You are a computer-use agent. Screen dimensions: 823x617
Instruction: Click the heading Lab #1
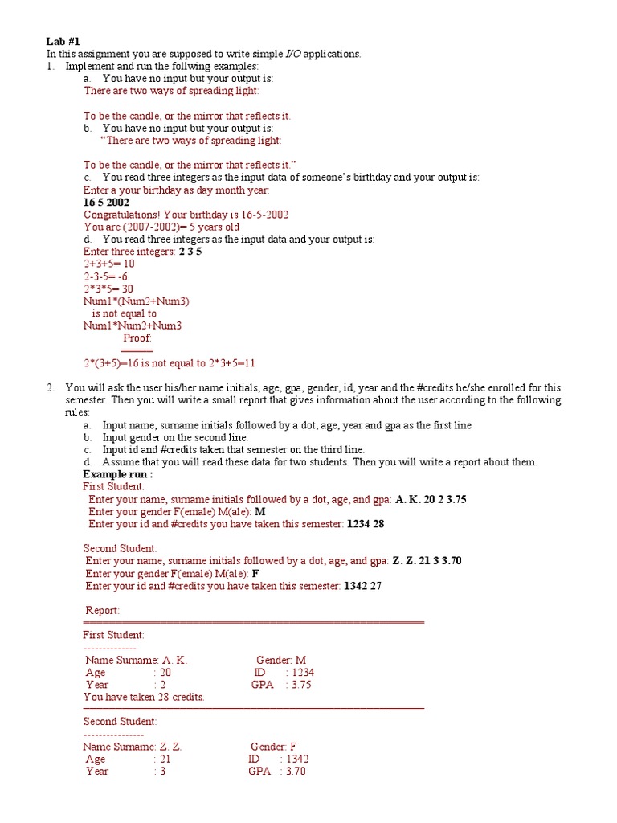[x=62, y=42]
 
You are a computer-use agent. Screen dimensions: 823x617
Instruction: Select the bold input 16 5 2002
[x=106, y=203]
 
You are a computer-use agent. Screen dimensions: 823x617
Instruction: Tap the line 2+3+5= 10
[x=109, y=264]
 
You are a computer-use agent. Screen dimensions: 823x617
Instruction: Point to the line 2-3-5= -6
[x=106, y=276]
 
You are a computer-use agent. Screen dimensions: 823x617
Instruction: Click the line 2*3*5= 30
[x=108, y=289]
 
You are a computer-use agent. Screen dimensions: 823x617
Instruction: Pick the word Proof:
[x=137, y=338]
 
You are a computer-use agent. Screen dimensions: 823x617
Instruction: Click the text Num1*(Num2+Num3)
[x=137, y=301]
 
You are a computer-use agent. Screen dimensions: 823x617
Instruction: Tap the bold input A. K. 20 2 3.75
[x=431, y=499]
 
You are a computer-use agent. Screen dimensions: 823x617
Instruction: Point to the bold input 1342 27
[x=362, y=586]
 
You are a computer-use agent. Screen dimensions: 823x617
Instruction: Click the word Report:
[x=102, y=611]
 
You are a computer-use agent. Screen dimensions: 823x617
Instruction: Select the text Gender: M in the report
[x=281, y=660]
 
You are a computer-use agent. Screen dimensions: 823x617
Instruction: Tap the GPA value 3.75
[x=301, y=685]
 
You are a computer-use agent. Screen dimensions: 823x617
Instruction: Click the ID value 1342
[x=296, y=759]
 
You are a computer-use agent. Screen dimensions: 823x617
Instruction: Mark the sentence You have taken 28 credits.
[x=144, y=697]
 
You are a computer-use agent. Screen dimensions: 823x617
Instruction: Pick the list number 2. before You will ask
[x=51, y=387]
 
